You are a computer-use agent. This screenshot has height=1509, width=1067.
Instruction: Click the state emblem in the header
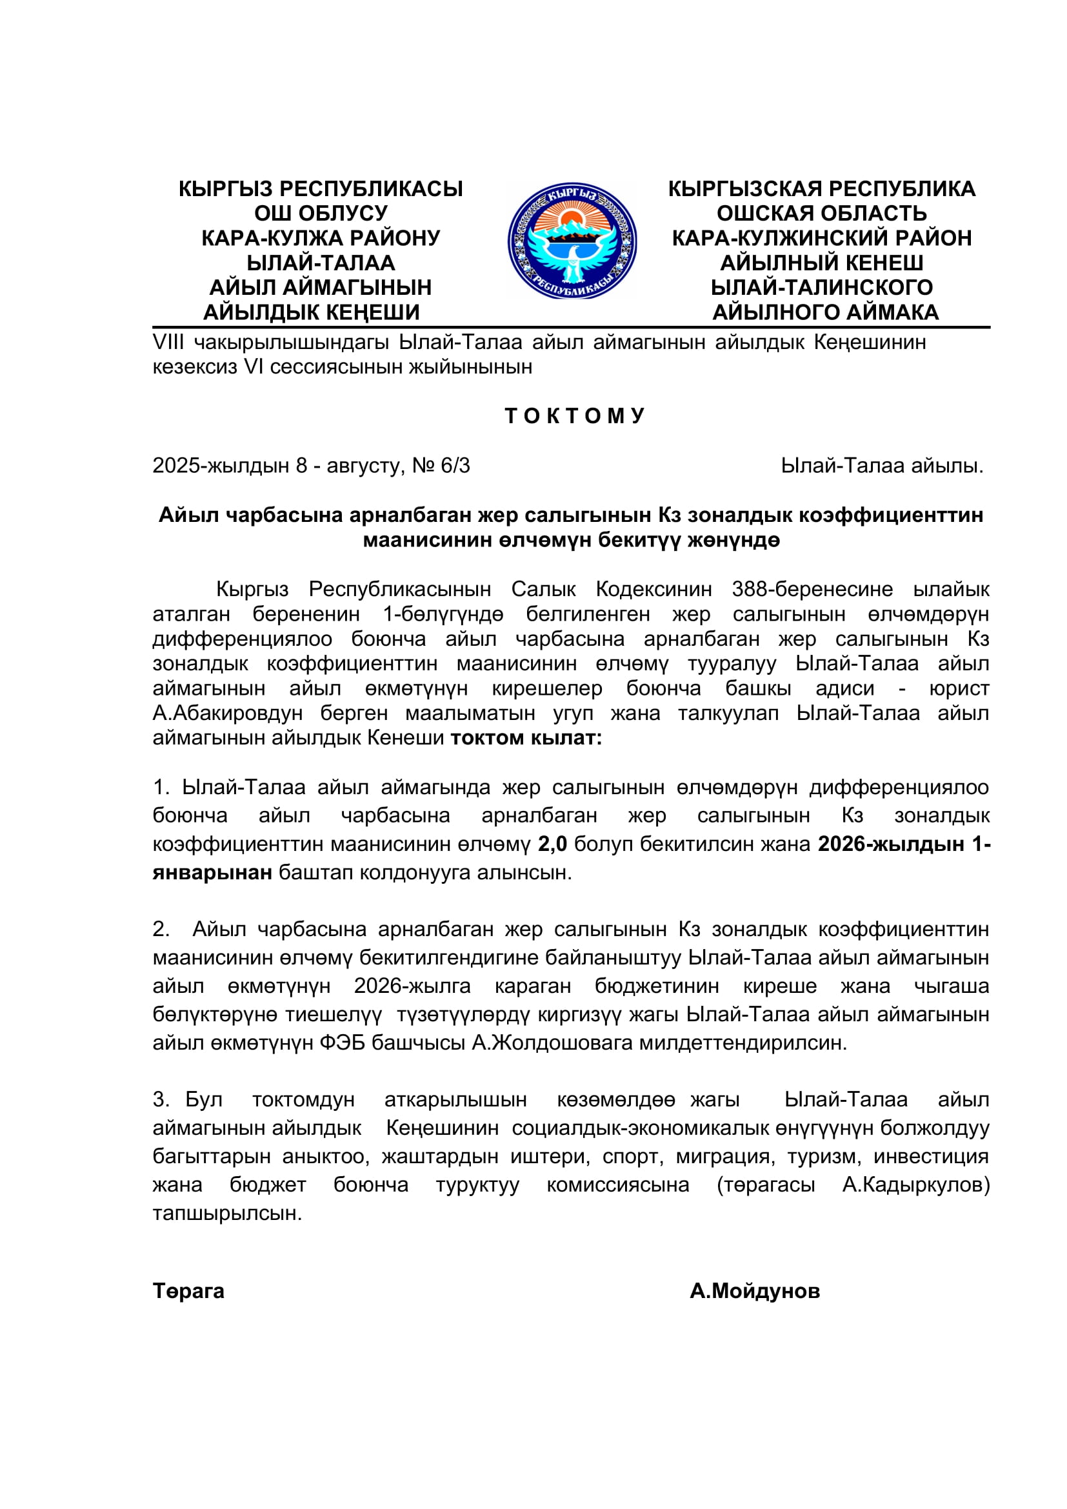572,241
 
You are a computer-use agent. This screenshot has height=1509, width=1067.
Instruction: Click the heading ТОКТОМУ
575,416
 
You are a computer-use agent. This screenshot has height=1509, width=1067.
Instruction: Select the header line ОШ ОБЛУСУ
321,214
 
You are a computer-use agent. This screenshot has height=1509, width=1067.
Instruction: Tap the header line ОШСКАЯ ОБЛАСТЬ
821,214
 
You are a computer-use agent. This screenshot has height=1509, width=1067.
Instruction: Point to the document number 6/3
455,466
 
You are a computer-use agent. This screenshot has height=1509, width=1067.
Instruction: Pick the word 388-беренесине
812,590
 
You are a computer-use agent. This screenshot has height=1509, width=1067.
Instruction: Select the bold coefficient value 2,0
552,844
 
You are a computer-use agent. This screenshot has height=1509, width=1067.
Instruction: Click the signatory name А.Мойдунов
754,1291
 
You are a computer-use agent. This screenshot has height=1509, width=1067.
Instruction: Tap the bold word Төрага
188,1291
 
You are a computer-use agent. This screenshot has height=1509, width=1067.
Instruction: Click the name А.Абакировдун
227,713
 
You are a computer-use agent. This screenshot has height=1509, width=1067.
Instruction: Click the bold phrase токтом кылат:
526,738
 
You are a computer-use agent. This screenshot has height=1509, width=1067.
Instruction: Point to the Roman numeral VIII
168,343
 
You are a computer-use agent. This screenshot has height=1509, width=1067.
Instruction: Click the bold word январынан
212,873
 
